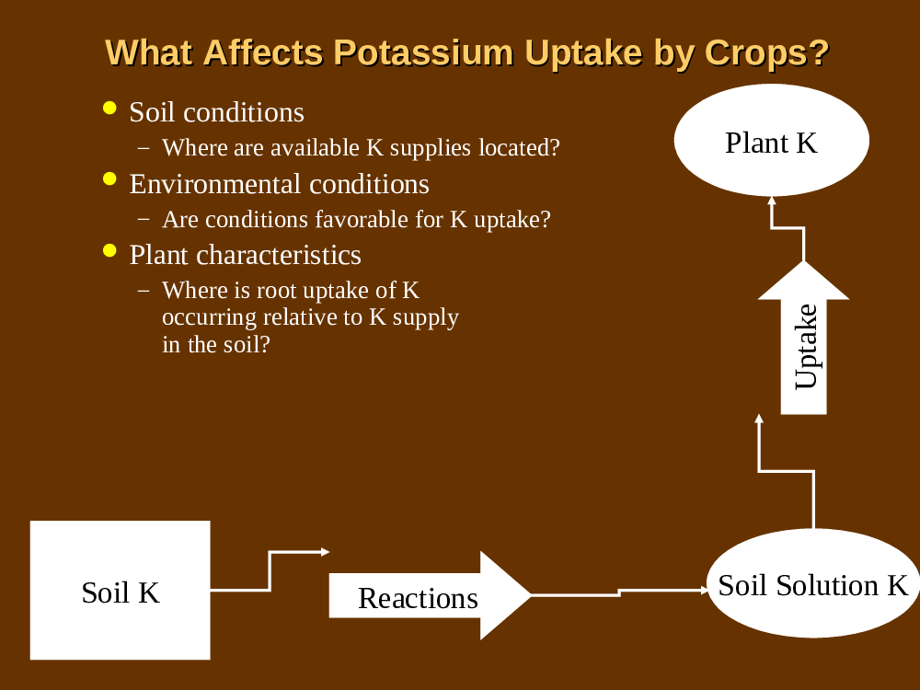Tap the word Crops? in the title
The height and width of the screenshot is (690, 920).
[x=767, y=52]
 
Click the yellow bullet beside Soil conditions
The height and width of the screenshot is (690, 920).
[x=109, y=108]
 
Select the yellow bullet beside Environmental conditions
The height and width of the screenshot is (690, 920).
[x=109, y=179]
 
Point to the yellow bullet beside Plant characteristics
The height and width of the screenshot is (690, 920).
[x=109, y=250]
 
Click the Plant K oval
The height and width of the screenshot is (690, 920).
[x=772, y=140]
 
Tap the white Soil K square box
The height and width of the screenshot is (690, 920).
[x=121, y=591]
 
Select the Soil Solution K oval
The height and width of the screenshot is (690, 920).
[x=813, y=583]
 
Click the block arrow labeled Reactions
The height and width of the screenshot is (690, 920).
[x=430, y=595]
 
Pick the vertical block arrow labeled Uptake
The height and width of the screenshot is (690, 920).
[x=804, y=338]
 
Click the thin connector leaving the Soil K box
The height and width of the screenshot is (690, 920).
[x=270, y=570]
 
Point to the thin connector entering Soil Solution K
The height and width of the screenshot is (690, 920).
[x=619, y=592]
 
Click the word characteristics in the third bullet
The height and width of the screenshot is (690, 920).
[x=278, y=255]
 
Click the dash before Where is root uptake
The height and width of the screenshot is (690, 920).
[x=144, y=291]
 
